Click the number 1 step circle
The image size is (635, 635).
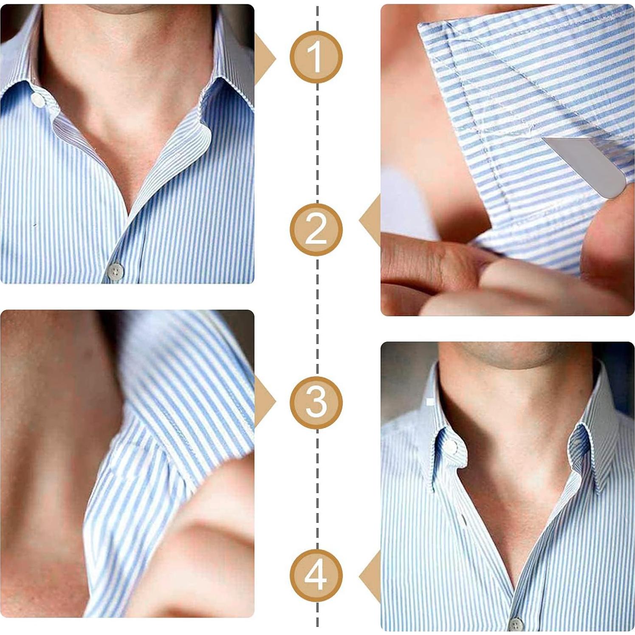point(316,57)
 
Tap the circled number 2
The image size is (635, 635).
point(316,229)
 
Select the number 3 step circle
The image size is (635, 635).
point(316,402)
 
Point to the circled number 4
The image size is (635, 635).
point(316,575)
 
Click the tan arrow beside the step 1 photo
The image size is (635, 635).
point(264,59)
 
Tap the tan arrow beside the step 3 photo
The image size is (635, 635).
point(264,401)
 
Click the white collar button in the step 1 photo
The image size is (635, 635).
point(37,100)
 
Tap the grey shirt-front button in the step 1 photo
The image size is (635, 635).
point(115,271)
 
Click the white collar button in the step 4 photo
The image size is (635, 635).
point(451,446)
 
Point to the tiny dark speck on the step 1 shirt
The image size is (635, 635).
point(35,224)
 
